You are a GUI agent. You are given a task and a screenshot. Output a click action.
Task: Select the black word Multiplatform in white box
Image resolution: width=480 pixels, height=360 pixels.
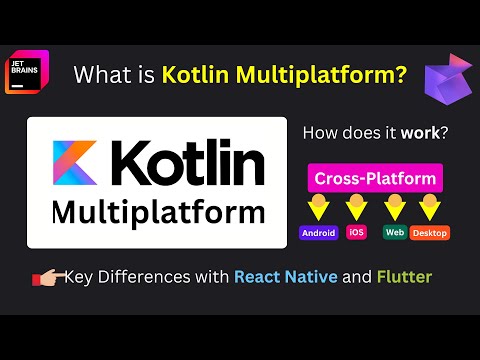(x=157, y=213)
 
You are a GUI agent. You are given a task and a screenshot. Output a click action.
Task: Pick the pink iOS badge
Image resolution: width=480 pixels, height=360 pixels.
(x=356, y=233)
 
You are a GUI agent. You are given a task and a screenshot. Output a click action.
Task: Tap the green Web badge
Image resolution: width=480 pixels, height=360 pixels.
(x=393, y=233)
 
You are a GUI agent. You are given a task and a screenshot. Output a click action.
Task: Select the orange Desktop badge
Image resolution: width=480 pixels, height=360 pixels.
(x=430, y=233)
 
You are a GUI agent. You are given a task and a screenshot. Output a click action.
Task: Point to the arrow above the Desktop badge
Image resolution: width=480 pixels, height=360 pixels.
(x=430, y=208)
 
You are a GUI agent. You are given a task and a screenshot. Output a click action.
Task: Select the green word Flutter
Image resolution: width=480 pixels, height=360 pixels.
(x=405, y=277)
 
